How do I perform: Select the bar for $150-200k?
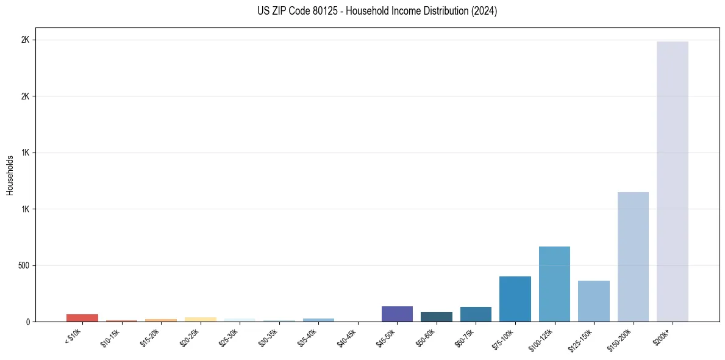633,257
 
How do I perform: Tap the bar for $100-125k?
554,284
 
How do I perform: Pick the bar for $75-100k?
515,299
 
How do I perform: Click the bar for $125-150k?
593,301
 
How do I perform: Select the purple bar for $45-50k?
397,314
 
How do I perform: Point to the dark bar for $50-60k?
436,317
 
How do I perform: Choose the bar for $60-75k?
476,314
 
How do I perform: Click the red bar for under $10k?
82,318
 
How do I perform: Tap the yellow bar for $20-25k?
200,319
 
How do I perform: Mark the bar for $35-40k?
318,320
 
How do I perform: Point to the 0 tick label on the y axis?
27,322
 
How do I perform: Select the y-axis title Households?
10,175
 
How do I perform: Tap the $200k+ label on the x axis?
666,336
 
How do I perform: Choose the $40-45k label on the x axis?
348,338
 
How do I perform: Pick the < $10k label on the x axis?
73,337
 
